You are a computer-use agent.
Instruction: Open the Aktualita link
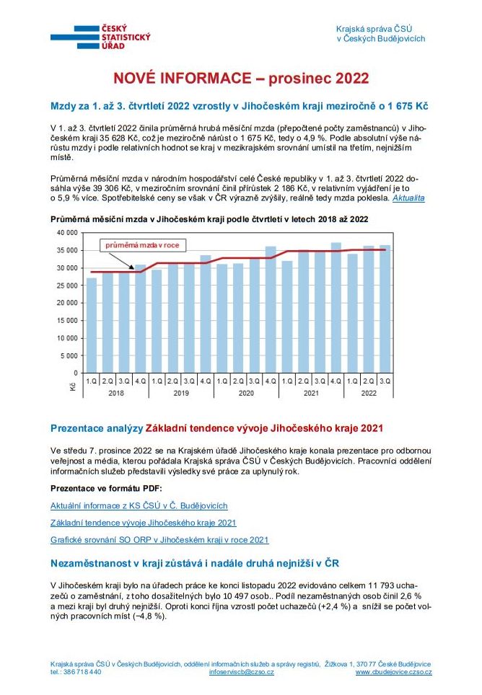point(408,198)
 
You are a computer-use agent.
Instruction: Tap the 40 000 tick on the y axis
point(66,233)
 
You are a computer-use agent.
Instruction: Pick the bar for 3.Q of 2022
point(385,308)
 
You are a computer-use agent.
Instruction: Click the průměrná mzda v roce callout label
point(142,245)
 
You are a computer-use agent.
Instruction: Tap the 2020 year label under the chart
point(246,393)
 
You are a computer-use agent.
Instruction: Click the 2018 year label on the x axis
point(116,393)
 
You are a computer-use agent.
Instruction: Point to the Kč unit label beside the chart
point(73,387)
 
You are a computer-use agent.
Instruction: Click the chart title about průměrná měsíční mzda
point(209,219)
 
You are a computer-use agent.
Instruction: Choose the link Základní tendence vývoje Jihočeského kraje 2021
point(144,523)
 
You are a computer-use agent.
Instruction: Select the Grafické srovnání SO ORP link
point(159,539)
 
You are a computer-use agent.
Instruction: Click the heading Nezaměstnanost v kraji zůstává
point(195,562)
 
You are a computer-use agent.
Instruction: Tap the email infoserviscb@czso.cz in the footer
point(241,672)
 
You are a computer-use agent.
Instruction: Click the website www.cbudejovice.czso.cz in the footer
point(393,672)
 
